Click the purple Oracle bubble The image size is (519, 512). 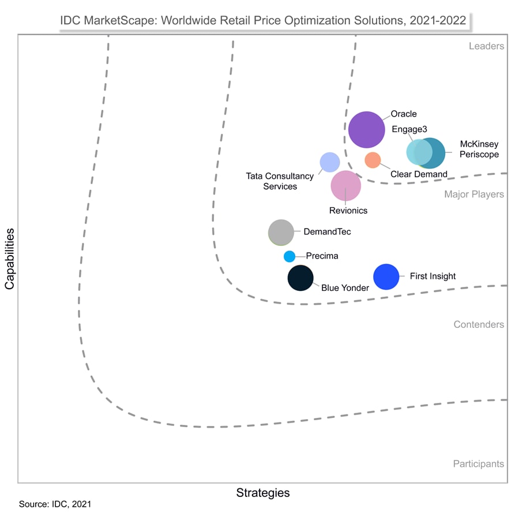coord(367,130)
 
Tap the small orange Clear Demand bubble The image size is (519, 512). coord(373,160)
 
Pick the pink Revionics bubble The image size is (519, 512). coord(346,185)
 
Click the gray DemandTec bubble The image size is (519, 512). coord(281,233)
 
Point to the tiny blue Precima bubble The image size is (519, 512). coord(289,256)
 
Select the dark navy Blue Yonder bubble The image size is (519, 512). coord(300,278)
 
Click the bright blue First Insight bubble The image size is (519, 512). coord(386,276)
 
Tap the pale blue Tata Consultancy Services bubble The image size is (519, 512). coord(329,162)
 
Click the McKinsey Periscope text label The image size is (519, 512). coord(479,149)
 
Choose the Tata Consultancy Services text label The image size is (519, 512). coord(280,181)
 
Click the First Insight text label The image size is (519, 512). coord(432,276)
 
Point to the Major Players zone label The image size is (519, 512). coord(474,195)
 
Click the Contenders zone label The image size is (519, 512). coord(479,324)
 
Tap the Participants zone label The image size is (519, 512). coord(478,464)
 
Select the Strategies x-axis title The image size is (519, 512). coord(263,493)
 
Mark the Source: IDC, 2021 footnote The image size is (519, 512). coord(55,504)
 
